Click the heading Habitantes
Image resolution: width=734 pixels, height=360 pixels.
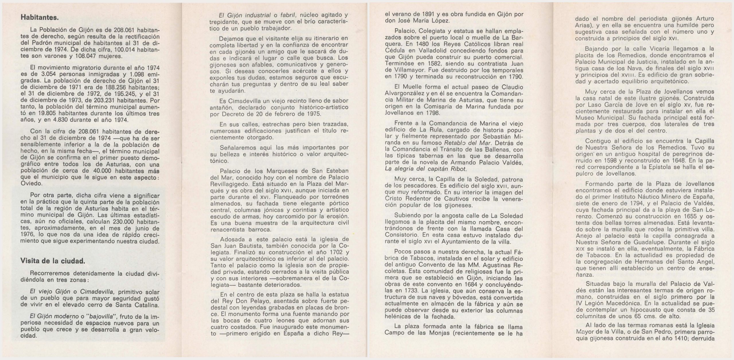[x=40, y=17]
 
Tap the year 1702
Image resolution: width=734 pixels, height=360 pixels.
[x=335, y=252]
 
